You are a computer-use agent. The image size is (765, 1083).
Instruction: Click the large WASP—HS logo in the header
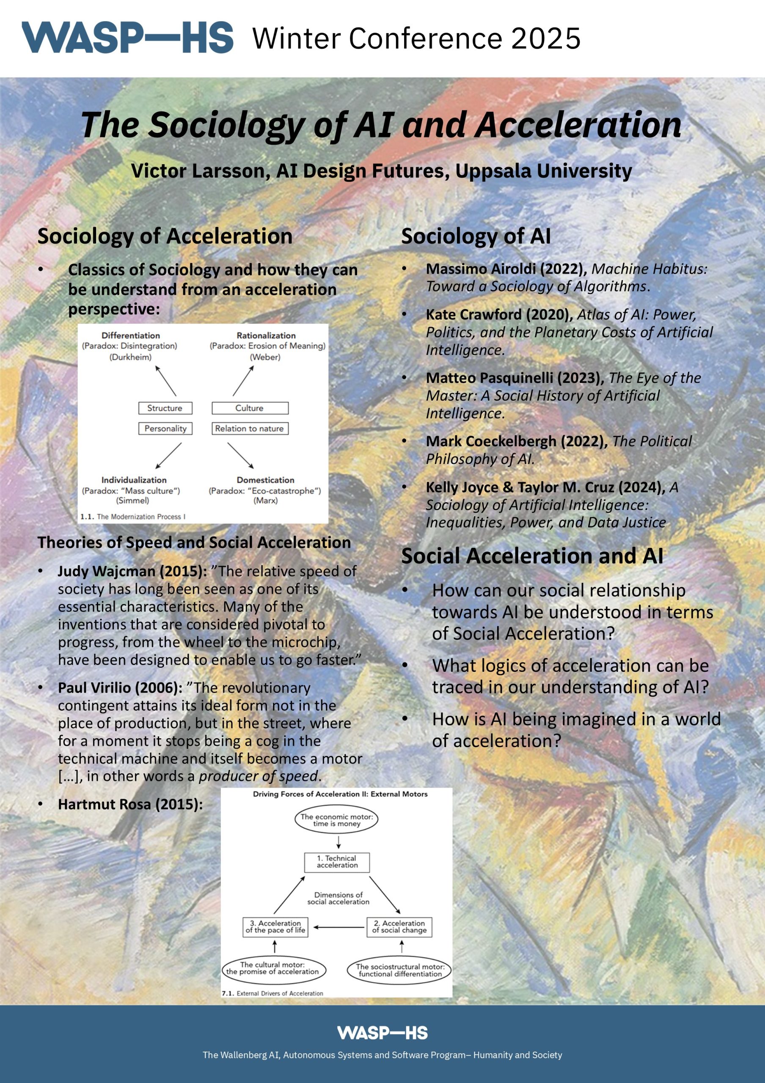click(127, 38)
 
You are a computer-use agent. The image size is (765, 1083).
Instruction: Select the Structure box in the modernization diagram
click(165, 408)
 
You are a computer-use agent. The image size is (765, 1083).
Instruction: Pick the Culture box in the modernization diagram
click(250, 408)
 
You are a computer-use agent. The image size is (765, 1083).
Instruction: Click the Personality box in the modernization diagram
click(165, 428)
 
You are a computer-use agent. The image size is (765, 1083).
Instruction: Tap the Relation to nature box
click(250, 428)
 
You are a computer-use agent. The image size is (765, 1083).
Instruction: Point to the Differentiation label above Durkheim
click(131, 335)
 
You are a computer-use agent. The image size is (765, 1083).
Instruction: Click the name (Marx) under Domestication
click(266, 500)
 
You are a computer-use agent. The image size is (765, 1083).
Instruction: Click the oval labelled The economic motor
click(336, 820)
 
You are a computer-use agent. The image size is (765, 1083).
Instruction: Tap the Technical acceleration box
click(337, 862)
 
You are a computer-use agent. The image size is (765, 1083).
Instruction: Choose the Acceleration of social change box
click(399, 926)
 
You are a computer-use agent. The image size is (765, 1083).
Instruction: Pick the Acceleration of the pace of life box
click(275, 926)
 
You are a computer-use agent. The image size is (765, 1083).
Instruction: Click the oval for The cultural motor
click(272, 968)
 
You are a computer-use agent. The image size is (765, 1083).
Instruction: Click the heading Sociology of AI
click(476, 236)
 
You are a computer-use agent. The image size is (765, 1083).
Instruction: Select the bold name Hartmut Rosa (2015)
click(130, 804)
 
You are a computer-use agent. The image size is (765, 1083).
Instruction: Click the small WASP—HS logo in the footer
click(382, 1033)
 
